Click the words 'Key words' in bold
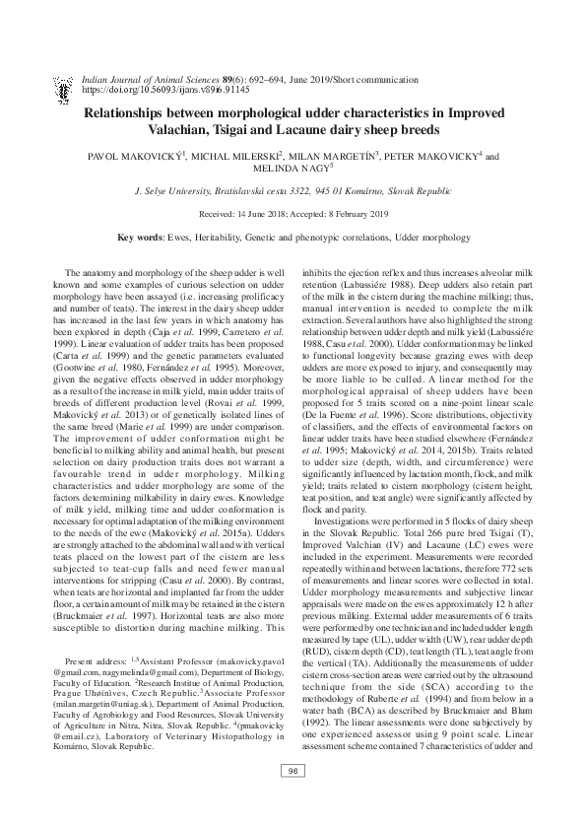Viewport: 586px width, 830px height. pyautogui.click(x=139, y=239)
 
